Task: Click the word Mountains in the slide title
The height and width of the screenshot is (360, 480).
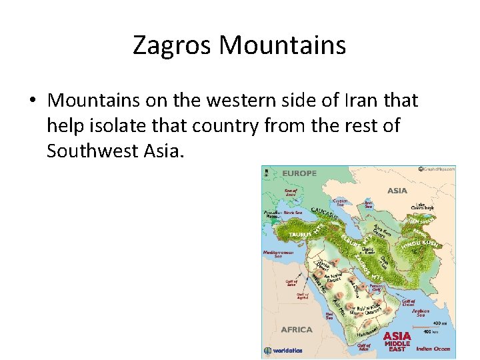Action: click(283, 45)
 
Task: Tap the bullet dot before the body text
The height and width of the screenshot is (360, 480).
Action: click(32, 101)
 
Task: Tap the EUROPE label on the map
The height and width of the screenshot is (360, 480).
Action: click(300, 173)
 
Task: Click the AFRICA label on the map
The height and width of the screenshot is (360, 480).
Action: click(297, 329)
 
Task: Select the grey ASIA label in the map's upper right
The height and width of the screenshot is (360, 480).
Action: click(397, 191)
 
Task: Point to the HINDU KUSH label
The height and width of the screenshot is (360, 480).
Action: click(419, 245)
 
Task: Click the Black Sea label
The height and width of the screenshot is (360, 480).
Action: click(293, 213)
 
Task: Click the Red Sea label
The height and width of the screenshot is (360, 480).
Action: click(329, 315)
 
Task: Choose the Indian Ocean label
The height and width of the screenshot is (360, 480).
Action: click(433, 349)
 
